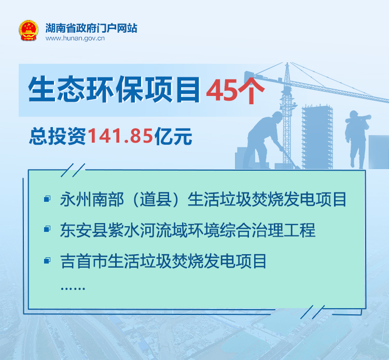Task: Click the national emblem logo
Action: pyautogui.click(x=29, y=31)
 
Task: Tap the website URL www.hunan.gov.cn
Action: pyautogui.click(x=75, y=38)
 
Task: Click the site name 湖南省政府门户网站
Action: pyautogui.click(x=91, y=28)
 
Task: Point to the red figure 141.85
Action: pyautogui.click(x=120, y=136)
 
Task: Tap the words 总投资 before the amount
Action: pyautogui.click(x=58, y=136)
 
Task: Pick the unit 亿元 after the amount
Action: pyautogui.click(x=173, y=136)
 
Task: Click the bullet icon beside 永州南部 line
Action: pyautogui.click(x=47, y=199)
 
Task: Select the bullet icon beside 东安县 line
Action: pyautogui.click(x=47, y=229)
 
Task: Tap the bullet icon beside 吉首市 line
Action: pyautogui.click(x=47, y=260)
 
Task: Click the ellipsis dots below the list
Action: pyautogui.click(x=73, y=288)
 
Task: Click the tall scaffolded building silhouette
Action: pyautogui.click(x=317, y=137)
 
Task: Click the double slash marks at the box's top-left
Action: pyautogui.click(x=73, y=170)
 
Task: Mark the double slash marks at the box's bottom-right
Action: pyautogui.click(x=312, y=312)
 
